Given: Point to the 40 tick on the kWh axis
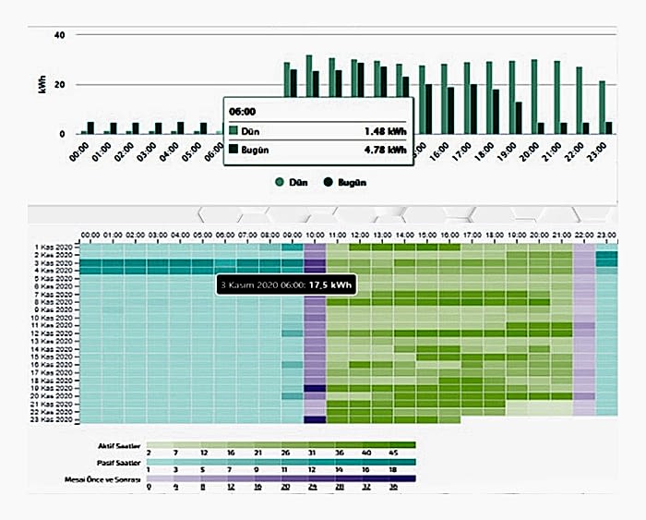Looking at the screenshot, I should click(x=59, y=35).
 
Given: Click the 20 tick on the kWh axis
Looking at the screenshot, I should click(x=59, y=85).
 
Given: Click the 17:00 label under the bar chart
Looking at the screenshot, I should click(x=467, y=150).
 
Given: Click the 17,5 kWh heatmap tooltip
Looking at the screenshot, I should click(x=286, y=284).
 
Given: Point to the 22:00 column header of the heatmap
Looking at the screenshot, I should click(x=584, y=236).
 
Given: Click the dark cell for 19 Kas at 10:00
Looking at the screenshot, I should click(x=315, y=389).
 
